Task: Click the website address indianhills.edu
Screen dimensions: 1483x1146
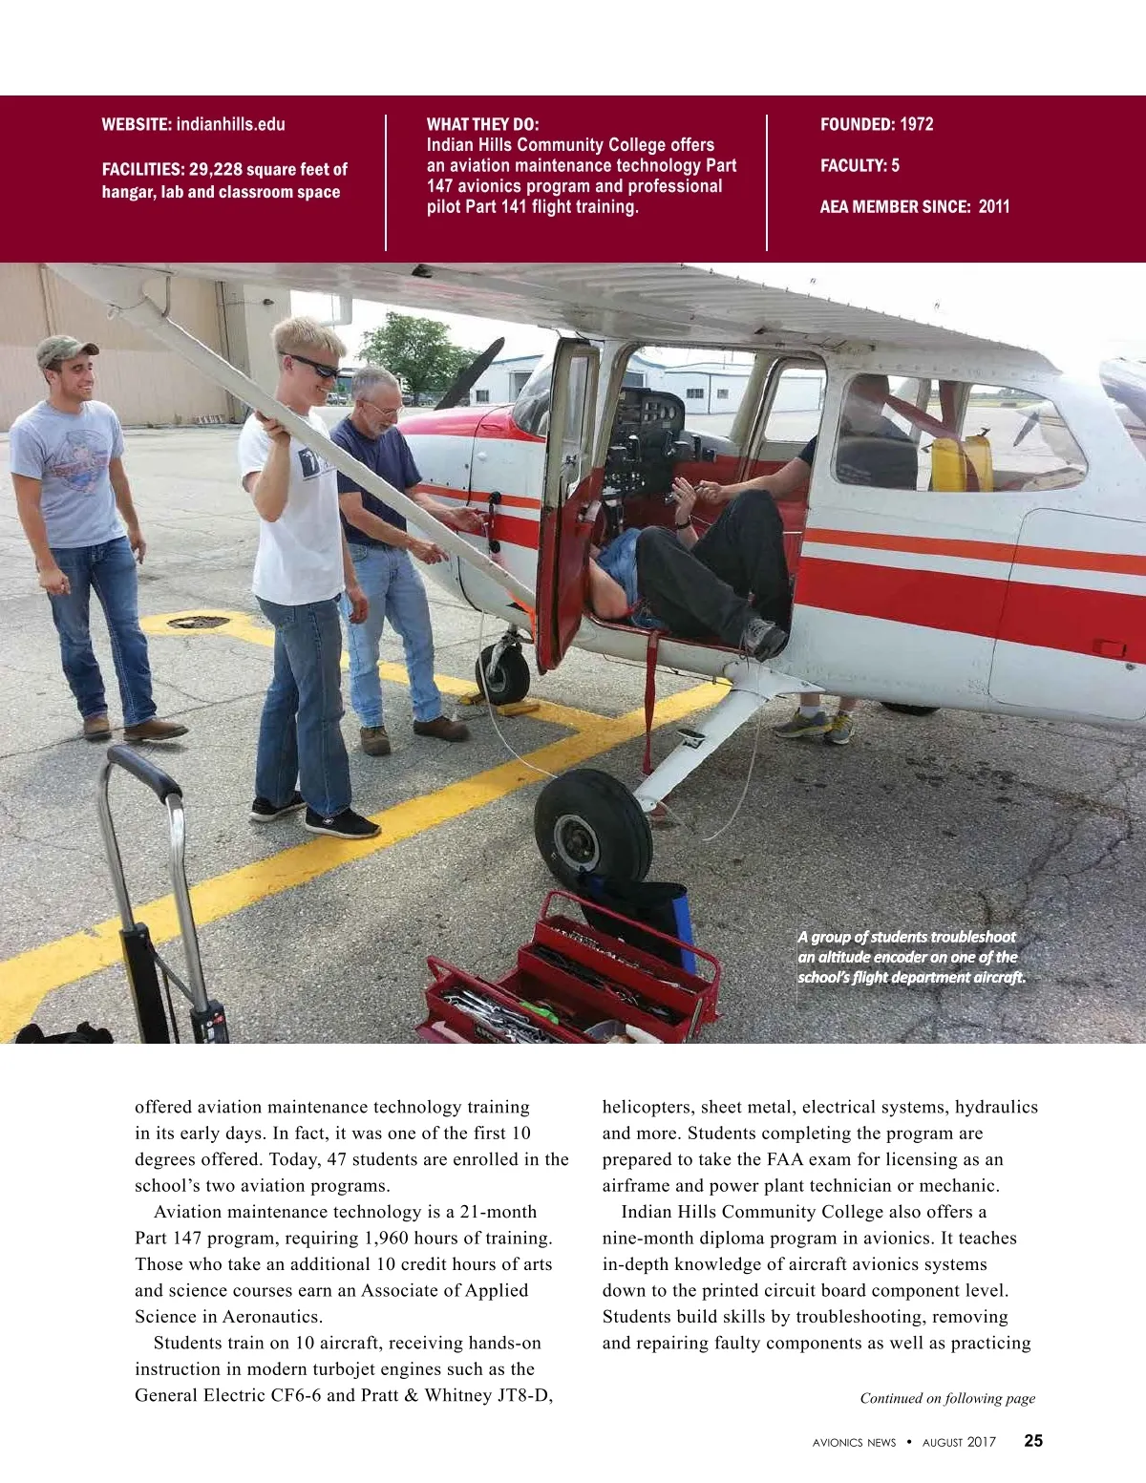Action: coord(230,124)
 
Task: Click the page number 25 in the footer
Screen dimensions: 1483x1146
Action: coord(1033,1441)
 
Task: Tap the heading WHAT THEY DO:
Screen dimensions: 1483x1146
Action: coord(482,124)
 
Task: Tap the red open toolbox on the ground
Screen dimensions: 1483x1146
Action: coord(573,984)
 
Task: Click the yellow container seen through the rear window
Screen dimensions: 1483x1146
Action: coord(960,461)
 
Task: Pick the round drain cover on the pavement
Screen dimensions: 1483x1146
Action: coord(199,622)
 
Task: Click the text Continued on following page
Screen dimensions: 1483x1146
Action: coord(947,1398)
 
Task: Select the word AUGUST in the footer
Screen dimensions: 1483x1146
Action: coord(944,1443)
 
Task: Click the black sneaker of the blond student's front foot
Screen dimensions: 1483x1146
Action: coord(341,822)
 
